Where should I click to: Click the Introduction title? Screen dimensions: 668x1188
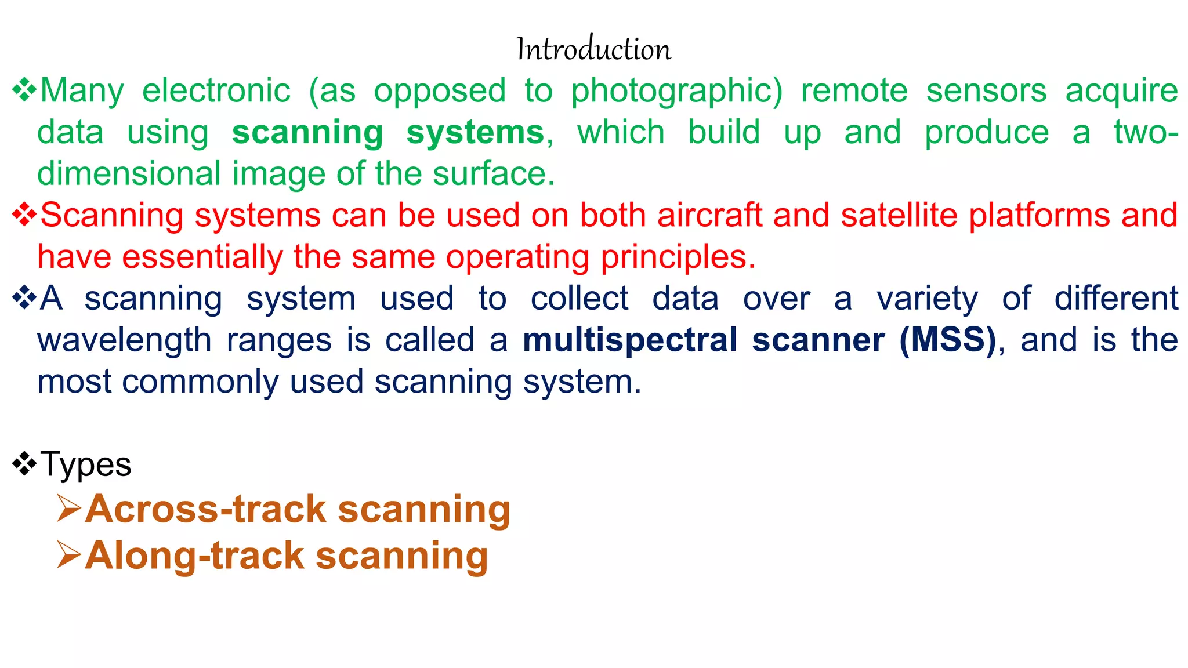pos(593,49)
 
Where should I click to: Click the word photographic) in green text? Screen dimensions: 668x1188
pos(677,92)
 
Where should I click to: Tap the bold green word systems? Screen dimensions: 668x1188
pos(475,133)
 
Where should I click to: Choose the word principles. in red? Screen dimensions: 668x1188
pos(678,257)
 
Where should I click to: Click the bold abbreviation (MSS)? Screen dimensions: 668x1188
pos(947,340)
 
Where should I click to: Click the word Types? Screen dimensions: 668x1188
pos(86,465)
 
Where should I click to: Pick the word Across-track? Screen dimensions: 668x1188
pos(205,510)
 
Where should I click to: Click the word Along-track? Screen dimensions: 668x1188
pos(194,556)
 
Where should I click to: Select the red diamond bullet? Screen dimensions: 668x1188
pos(24,215)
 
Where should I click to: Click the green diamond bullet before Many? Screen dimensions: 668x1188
pos(24,90)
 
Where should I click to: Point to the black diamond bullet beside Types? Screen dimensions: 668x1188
pos(24,463)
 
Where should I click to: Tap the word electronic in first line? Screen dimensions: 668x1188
pos(216,92)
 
